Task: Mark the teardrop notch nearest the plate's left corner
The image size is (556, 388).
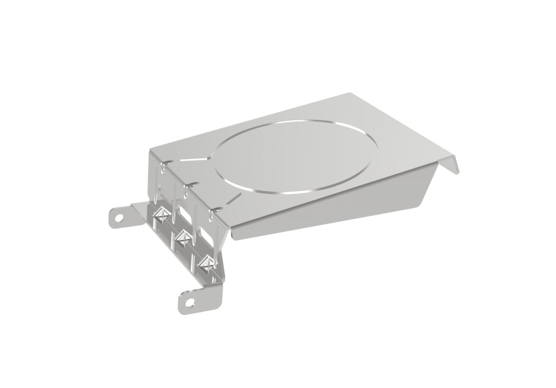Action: pos(164,163)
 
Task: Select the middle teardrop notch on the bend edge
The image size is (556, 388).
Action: pos(192,183)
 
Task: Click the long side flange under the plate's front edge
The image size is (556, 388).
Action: pos(333,209)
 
